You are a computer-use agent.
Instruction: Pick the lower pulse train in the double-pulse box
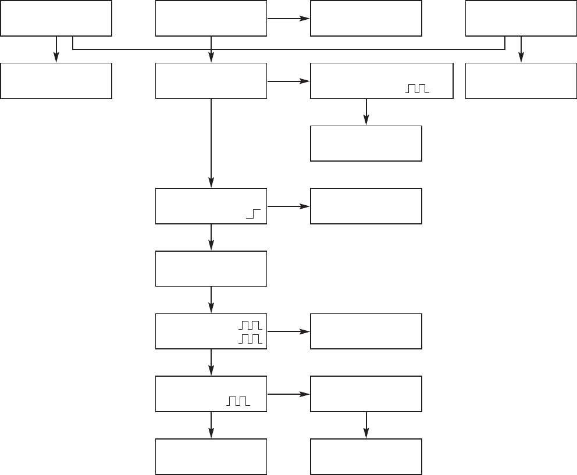click(251, 338)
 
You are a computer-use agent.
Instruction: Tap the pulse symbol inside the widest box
click(416, 89)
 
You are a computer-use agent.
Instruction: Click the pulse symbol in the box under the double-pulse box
click(238, 401)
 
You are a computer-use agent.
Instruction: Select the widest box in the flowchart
click(382, 81)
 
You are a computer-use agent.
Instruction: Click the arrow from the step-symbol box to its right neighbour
click(288, 206)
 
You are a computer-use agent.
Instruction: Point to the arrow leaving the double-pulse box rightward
click(288, 331)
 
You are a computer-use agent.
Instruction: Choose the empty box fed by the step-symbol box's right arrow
click(366, 206)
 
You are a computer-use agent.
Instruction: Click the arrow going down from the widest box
click(366, 112)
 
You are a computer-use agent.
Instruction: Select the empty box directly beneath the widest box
click(366, 143)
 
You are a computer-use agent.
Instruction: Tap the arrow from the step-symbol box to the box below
click(211, 237)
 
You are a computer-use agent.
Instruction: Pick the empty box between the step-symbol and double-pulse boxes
click(211, 269)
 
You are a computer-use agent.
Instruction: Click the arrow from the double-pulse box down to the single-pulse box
click(211, 362)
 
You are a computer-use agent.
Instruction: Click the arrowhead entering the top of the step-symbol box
click(211, 183)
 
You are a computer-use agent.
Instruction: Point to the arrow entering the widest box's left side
click(288, 81)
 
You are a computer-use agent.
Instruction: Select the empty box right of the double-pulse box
click(366, 331)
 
